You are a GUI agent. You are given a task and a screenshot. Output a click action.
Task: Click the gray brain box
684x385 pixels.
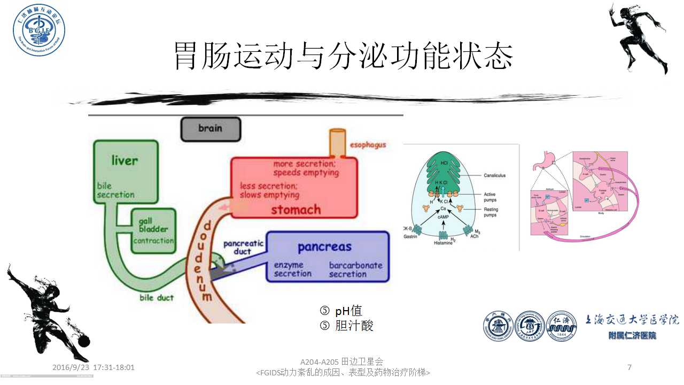click(211, 129)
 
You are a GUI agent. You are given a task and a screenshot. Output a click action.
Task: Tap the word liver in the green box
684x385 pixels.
click(125, 160)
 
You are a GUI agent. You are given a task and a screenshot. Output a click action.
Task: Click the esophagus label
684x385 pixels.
click(368, 145)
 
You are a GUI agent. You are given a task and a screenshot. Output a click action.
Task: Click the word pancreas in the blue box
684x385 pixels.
click(324, 247)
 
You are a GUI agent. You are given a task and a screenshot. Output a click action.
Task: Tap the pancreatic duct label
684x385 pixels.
click(243, 248)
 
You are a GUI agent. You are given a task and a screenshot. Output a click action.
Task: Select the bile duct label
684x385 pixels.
click(157, 297)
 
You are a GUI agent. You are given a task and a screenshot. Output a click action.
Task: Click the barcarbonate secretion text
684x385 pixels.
click(355, 269)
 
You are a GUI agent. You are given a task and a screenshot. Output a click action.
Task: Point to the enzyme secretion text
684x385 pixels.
click(292, 269)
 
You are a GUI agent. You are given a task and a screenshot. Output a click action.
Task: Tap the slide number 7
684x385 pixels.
click(629, 367)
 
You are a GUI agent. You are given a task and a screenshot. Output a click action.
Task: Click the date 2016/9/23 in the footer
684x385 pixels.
click(72, 368)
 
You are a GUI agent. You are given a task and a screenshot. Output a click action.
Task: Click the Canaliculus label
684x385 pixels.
click(494, 175)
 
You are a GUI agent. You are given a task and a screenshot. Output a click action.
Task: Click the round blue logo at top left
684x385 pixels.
click(39, 30)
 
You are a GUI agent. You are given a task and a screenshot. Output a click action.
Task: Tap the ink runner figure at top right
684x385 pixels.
click(639, 37)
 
